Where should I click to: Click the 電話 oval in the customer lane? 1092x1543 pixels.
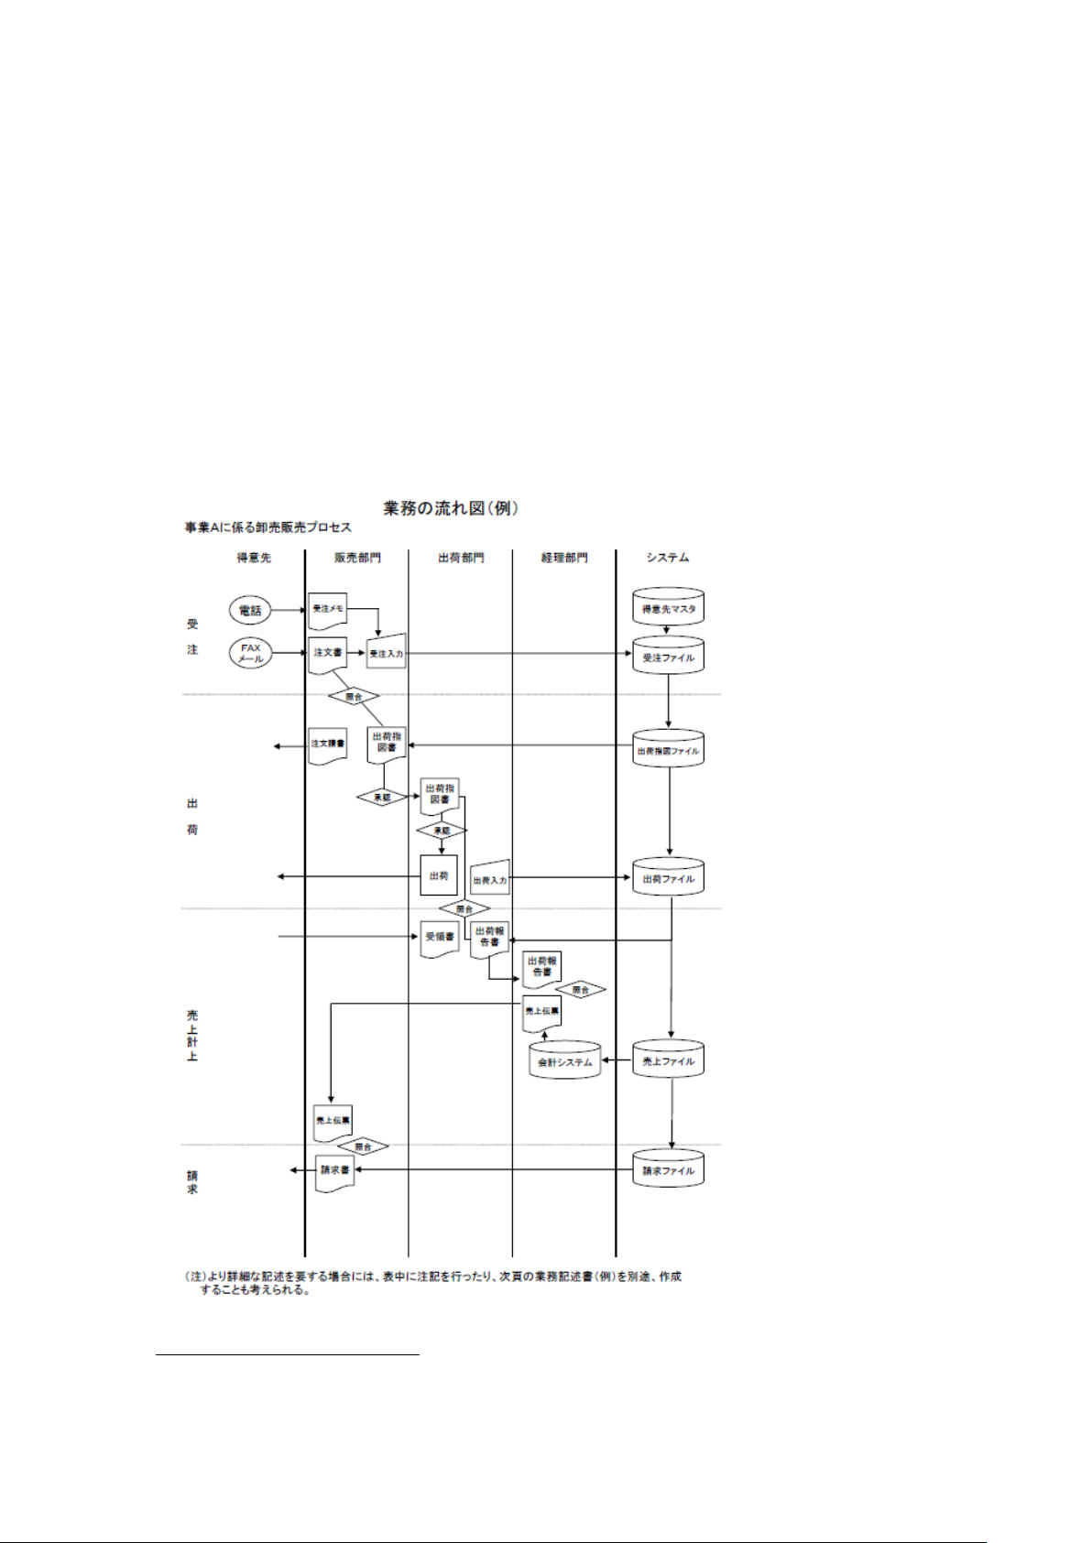250,609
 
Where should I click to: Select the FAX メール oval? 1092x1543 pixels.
250,653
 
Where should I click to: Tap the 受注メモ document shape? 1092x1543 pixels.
328,609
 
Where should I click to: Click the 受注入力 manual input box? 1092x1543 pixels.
386,653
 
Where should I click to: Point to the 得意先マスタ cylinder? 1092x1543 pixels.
668,608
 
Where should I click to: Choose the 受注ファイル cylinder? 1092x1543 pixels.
668,657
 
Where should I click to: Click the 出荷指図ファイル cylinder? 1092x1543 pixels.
668,750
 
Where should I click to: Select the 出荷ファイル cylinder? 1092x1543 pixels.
668,877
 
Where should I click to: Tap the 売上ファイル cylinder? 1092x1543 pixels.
668,1060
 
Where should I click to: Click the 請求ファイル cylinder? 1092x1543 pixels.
668,1169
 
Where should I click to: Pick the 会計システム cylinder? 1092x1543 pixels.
565,1060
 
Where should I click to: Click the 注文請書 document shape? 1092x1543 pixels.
328,744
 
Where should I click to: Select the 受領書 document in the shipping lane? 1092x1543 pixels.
439,938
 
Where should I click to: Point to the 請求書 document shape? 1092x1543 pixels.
334,1171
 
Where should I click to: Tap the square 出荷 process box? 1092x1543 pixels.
439,876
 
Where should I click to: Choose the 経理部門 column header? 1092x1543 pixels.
563,557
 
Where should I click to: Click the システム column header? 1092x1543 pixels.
667,557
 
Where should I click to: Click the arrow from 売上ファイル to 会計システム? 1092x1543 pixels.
617,1061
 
